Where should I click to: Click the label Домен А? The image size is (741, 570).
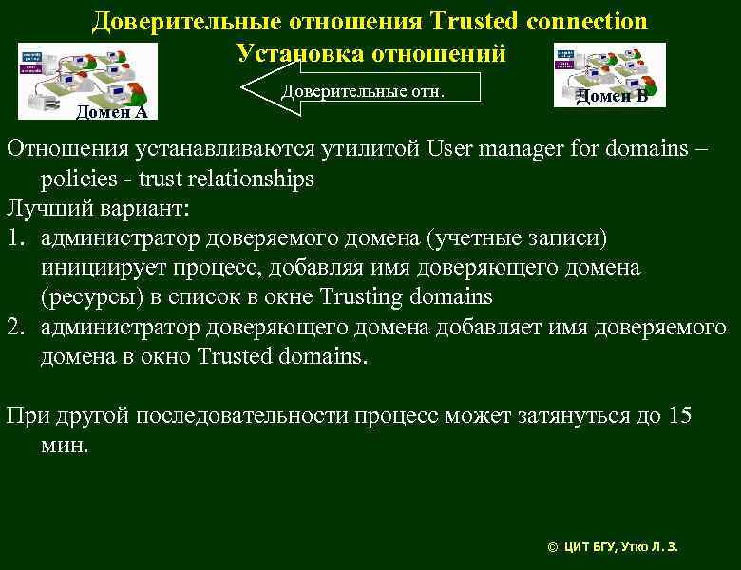(x=112, y=113)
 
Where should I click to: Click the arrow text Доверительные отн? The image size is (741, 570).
(x=363, y=92)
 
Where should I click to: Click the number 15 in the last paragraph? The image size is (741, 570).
(x=679, y=416)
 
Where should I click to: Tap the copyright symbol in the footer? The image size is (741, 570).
(x=553, y=547)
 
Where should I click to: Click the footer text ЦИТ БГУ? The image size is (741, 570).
(x=588, y=547)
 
